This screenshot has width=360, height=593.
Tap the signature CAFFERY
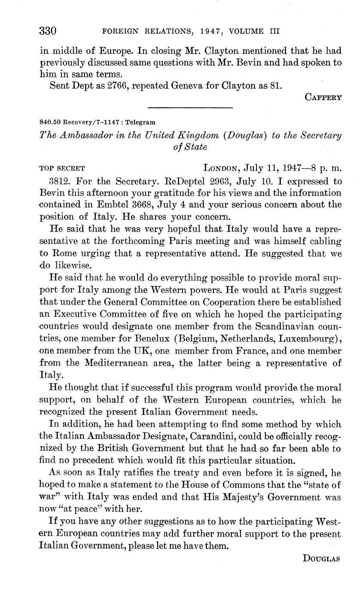(x=323, y=97)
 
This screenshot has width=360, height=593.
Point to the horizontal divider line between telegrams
(x=190, y=107)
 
